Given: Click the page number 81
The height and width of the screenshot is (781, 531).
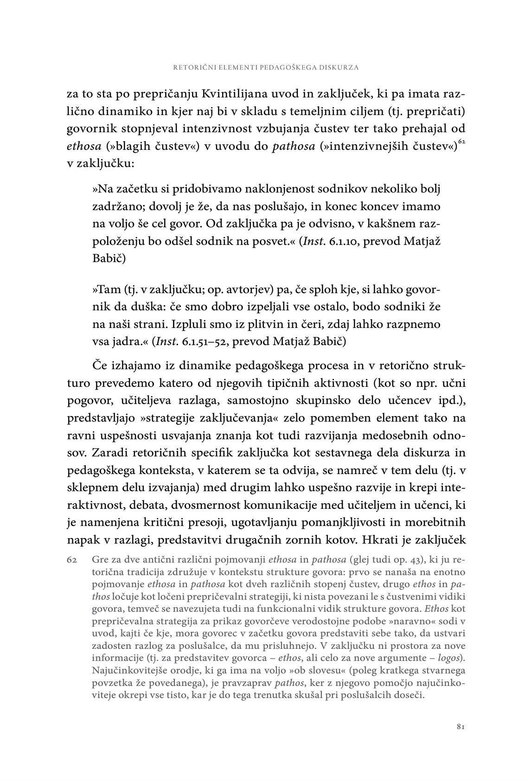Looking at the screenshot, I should pos(460,727).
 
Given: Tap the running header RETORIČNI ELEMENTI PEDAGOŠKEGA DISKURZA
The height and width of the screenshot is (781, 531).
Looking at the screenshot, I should pos(266,67).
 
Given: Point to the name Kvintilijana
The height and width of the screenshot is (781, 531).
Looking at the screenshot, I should pos(230,94).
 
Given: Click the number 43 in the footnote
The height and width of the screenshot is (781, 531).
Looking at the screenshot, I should pos(391,559).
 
